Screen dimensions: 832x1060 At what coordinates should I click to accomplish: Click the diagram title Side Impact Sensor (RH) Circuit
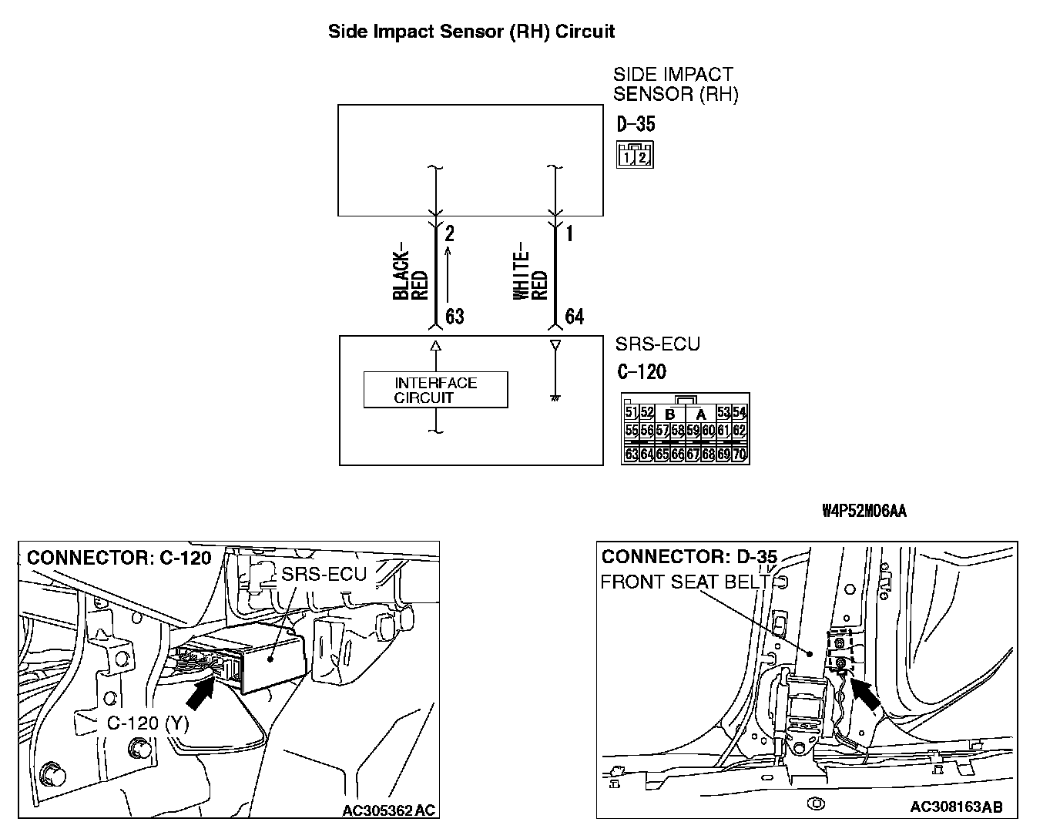(471, 32)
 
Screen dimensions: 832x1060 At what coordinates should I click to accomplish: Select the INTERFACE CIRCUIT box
(435, 390)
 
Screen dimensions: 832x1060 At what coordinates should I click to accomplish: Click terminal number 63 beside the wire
(455, 317)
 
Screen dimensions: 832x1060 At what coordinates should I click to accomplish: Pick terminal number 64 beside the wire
(574, 317)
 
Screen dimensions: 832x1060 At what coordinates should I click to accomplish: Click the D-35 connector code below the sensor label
(636, 124)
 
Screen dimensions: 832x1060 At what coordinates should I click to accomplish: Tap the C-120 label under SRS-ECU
(642, 372)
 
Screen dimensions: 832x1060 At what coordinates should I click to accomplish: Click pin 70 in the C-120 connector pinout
(740, 455)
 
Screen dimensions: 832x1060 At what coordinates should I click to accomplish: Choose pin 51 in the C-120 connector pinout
(632, 413)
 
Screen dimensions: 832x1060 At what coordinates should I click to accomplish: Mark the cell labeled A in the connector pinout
(701, 414)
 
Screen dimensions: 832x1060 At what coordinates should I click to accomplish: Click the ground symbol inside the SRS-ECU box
(555, 398)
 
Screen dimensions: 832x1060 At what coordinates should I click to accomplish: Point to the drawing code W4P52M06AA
(864, 511)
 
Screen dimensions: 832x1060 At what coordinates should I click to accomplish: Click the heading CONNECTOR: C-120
(119, 557)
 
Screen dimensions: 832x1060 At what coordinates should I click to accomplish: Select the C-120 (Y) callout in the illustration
(147, 723)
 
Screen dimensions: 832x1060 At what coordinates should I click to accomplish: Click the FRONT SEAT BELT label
(685, 582)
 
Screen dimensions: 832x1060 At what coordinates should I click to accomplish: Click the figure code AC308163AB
(956, 807)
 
